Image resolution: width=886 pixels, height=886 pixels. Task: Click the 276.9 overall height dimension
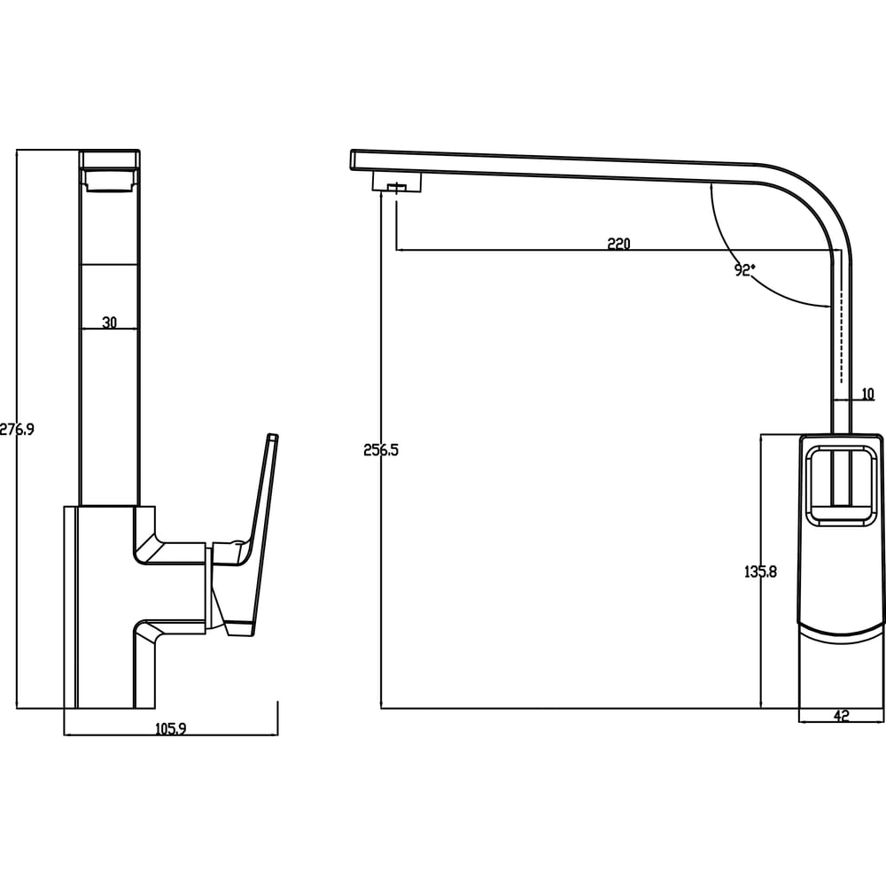pos(16,430)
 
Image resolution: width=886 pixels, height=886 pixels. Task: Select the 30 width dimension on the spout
pos(110,323)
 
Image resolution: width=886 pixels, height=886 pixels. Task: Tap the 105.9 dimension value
pos(170,729)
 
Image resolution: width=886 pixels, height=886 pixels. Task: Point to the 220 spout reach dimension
pos(618,245)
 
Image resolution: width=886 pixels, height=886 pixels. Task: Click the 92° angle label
pos(745,270)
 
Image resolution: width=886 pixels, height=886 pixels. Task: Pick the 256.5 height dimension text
pos(381,450)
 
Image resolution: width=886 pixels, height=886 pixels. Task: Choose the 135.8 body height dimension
pos(760,571)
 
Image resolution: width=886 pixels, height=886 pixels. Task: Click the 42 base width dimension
pos(842,716)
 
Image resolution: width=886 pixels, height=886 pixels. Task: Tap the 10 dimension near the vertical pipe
pos(868,394)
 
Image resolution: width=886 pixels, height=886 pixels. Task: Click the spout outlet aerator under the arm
pos(397,182)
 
